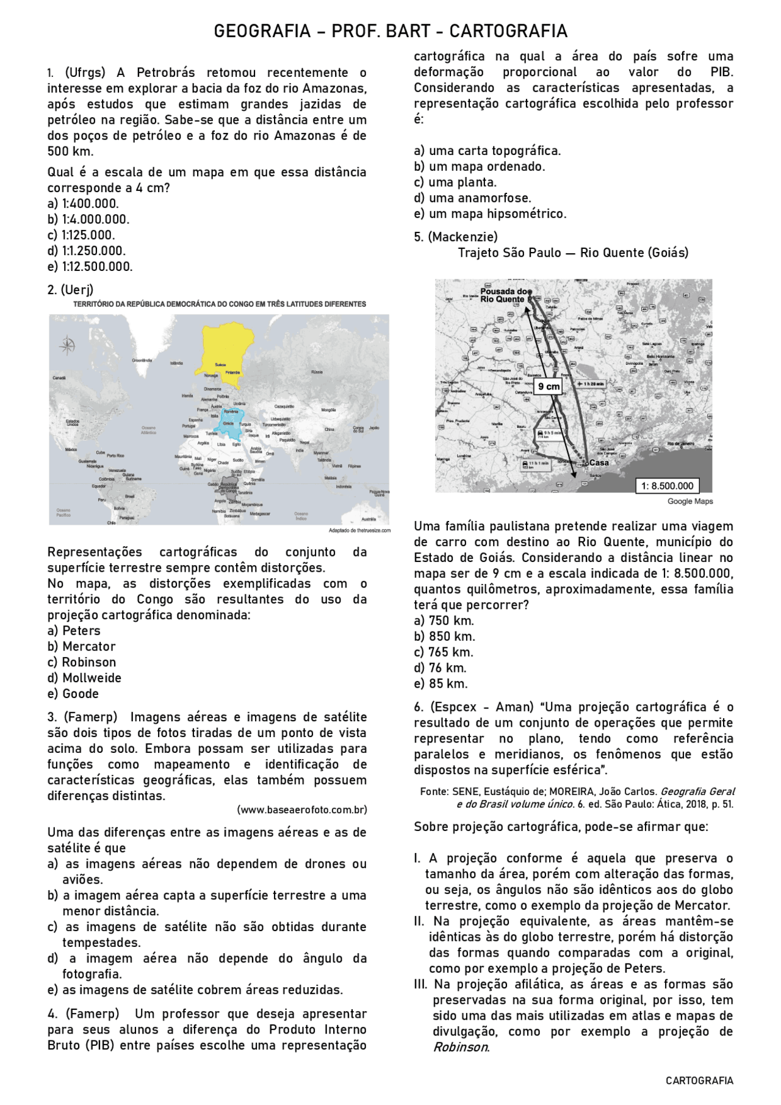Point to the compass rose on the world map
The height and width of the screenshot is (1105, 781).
click(67, 346)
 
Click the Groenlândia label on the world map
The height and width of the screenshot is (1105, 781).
click(142, 361)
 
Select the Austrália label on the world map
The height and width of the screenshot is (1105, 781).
click(369, 519)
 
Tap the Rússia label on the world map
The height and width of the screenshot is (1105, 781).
click(317, 372)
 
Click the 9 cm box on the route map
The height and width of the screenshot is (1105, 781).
click(549, 386)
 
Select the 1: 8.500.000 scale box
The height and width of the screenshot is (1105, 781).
click(667, 486)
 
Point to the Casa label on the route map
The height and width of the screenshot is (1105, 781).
click(599, 463)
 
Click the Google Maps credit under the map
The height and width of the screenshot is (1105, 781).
click(689, 502)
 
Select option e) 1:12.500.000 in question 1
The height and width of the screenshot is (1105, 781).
click(90, 267)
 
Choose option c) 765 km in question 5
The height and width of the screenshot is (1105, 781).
click(444, 652)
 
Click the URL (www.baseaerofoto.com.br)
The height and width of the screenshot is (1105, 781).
click(301, 810)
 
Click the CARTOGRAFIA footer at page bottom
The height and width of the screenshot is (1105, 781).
click(699, 1081)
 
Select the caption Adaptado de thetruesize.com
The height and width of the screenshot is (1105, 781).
click(359, 530)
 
